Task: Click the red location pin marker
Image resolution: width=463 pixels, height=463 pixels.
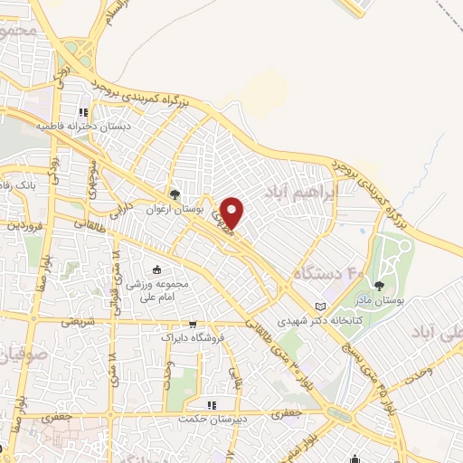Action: [232, 213]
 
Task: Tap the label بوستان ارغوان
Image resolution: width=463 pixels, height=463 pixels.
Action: [177, 209]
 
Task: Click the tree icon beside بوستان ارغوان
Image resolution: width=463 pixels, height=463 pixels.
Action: [175, 194]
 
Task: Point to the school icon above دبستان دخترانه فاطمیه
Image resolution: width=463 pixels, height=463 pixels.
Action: [83, 113]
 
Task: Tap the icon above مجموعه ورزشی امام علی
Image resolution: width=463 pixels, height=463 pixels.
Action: [157, 269]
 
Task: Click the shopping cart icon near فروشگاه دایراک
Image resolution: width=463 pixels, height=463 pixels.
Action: [193, 324]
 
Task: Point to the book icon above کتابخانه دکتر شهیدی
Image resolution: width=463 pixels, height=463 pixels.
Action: [318, 307]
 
